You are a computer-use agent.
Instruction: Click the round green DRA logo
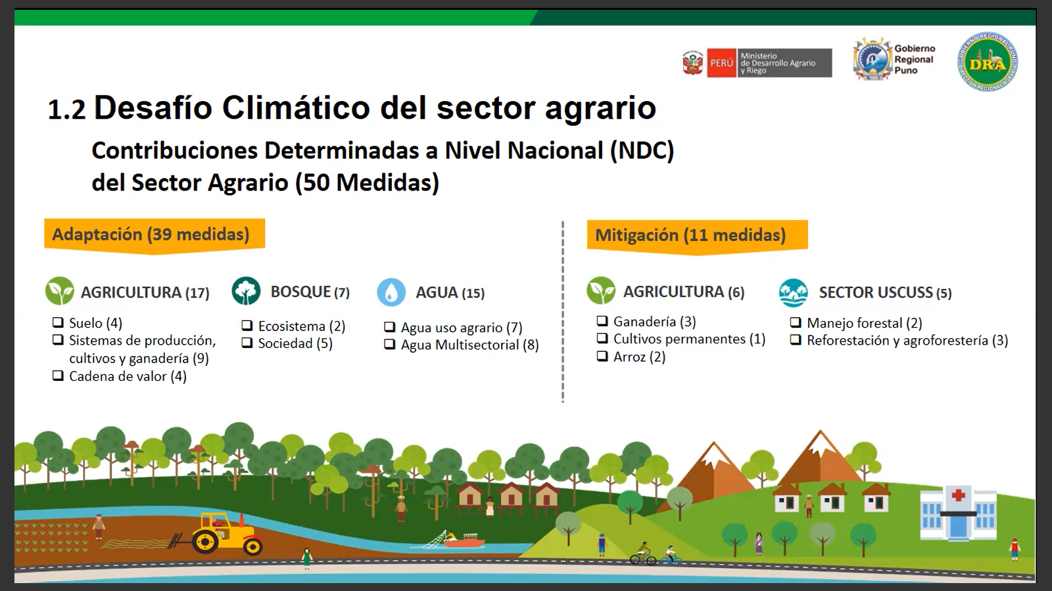988,62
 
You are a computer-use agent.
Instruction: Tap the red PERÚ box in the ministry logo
721,63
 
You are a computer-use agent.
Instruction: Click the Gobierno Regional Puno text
915,60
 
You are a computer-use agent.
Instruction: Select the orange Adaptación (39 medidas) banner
155,236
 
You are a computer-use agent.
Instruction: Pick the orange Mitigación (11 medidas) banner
697,236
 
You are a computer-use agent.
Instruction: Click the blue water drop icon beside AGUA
391,292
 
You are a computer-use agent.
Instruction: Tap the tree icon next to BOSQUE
246,291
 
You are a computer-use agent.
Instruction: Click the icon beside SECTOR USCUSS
793,292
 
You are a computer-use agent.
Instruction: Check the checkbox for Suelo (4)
58,322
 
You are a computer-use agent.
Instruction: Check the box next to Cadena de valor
58,375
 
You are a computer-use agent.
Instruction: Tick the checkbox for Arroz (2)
602,355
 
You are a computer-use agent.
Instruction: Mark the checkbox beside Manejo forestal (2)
796,322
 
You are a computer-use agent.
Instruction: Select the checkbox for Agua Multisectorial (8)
389,344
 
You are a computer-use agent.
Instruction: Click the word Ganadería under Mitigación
645,322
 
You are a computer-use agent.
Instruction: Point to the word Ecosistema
292,326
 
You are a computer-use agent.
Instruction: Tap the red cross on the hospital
958,495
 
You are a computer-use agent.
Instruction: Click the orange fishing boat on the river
464,541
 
